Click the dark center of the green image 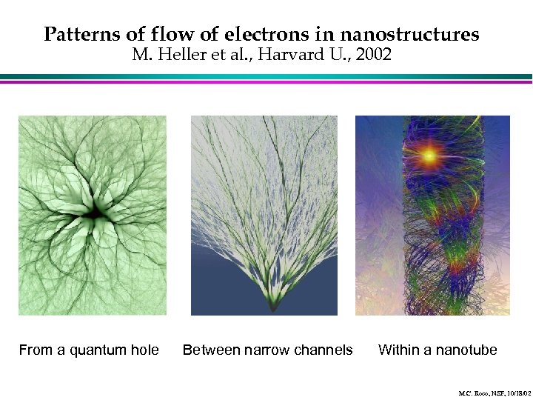(x=95, y=214)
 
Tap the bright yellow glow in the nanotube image (x=429, y=156)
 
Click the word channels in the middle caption (x=323, y=350)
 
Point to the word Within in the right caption (x=399, y=350)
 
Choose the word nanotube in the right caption (x=466, y=350)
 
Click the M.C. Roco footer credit (x=492, y=392)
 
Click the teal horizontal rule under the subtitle (x=266, y=76)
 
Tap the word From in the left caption (x=35, y=350)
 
